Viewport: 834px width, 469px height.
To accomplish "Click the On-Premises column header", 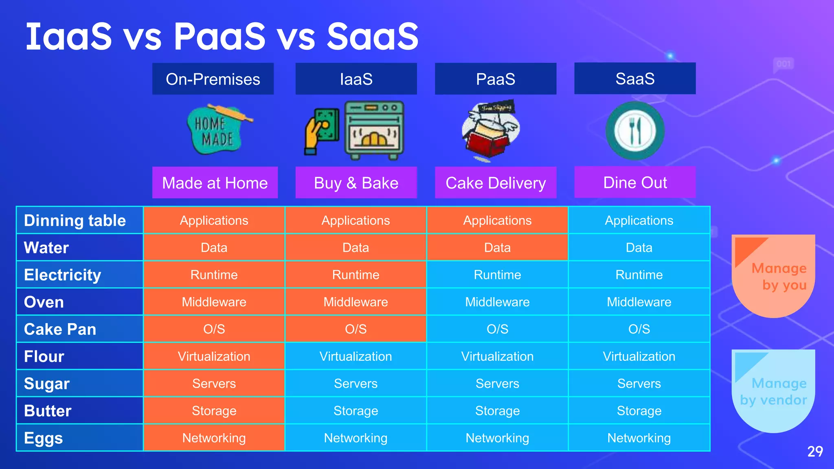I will point(213,79).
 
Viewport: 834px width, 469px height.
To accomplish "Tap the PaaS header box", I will point(495,79).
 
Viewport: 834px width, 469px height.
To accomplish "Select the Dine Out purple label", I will point(634,182).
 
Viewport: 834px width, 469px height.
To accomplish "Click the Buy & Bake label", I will point(356,183).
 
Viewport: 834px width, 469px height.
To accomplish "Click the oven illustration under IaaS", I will point(374,130).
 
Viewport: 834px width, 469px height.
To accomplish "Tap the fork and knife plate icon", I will point(635,131).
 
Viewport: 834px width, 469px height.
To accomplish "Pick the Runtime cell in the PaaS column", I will point(497,275).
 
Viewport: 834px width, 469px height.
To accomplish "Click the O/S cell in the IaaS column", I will point(356,329).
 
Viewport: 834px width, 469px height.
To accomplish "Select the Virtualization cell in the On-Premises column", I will point(214,356).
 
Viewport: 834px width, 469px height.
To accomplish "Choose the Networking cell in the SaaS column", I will point(639,438).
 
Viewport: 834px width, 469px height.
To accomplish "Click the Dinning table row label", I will point(75,220).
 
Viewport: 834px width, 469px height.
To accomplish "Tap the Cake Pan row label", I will point(60,329).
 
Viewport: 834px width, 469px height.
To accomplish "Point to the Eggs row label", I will point(44,438).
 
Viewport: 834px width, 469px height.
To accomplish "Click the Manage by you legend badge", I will point(773,276).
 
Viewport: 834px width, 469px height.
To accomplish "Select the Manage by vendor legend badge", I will point(773,391).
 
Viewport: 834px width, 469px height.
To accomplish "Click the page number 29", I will point(814,451).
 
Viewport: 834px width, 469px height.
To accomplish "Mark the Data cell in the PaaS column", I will point(497,248).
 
